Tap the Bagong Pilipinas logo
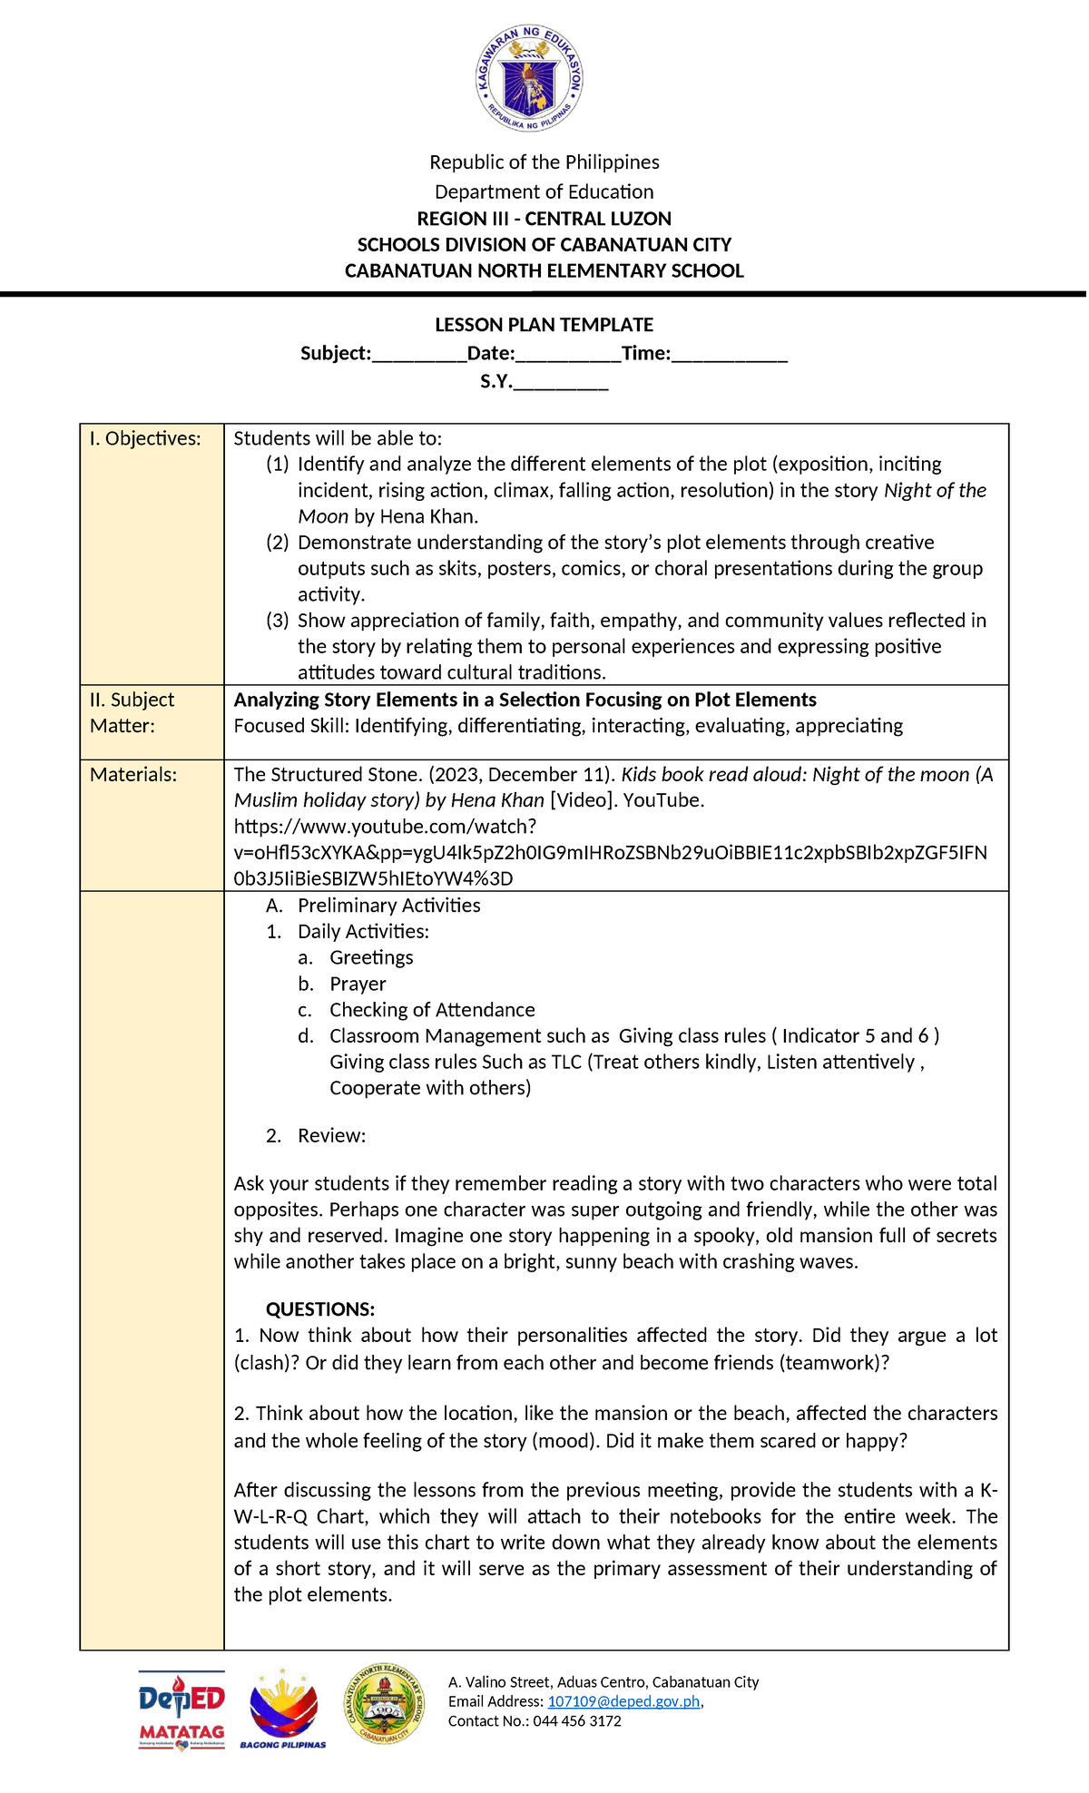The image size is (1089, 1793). click(x=283, y=1708)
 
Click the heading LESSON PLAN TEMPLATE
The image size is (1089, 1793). click(x=544, y=325)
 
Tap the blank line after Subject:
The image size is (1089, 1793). click(x=418, y=355)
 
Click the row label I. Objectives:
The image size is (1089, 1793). click(x=145, y=439)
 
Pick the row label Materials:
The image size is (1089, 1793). click(x=133, y=775)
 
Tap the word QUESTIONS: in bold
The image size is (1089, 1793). click(x=319, y=1309)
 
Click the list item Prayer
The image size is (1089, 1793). click(x=358, y=985)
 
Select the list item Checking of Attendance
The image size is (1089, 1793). click(x=432, y=1010)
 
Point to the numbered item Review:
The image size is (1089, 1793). click(x=331, y=1136)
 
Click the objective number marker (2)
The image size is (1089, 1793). click(x=277, y=543)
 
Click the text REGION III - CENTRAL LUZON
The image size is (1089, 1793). click(x=544, y=219)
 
